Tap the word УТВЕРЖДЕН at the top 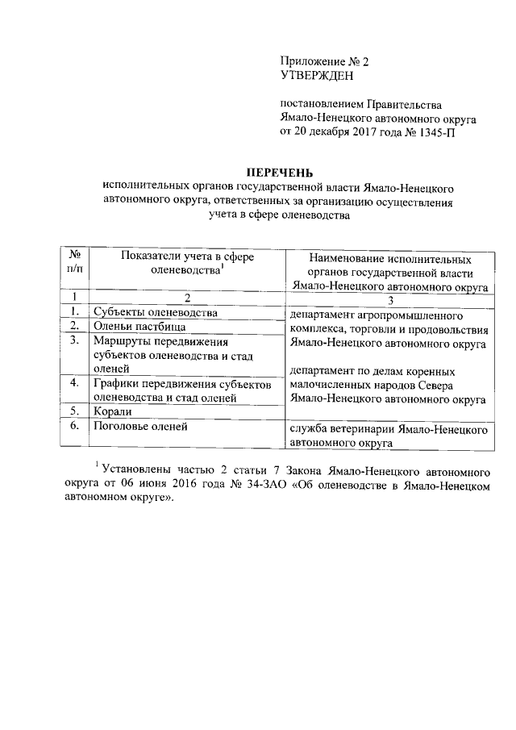317,76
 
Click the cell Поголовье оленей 140,426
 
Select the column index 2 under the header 187,299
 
